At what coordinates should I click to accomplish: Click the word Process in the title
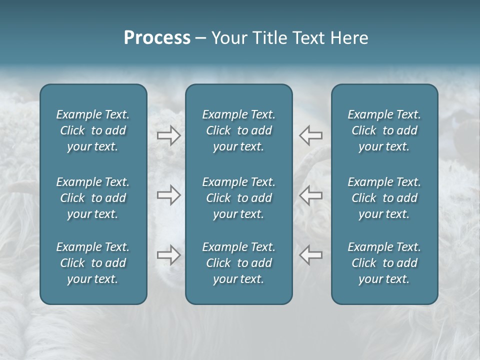[x=157, y=38]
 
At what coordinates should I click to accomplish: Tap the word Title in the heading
[x=268, y=38]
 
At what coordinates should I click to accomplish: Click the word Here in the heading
[x=349, y=38]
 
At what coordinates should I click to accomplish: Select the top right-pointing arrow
[x=168, y=135]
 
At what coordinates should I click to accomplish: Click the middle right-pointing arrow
[x=168, y=195]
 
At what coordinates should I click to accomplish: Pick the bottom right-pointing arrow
[x=168, y=255]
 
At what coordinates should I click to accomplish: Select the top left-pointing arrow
[x=310, y=135]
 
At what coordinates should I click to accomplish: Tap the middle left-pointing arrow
[x=310, y=195]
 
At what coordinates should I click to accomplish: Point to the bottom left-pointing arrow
[x=310, y=255]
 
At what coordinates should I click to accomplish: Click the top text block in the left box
[x=93, y=130]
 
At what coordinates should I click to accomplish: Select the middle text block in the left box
[x=93, y=198]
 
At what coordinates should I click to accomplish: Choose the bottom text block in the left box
[x=93, y=263]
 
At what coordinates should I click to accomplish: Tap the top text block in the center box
[x=239, y=130]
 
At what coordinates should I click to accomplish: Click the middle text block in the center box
[x=239, y=198]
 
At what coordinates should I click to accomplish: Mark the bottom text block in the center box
[x=239, y=263]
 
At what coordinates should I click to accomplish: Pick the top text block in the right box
[x=384, y=130]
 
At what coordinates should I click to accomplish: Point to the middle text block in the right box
[x=384, y=198]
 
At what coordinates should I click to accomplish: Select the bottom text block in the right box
[x=384, y=263]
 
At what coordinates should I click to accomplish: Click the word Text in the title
[x=309, y=38]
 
